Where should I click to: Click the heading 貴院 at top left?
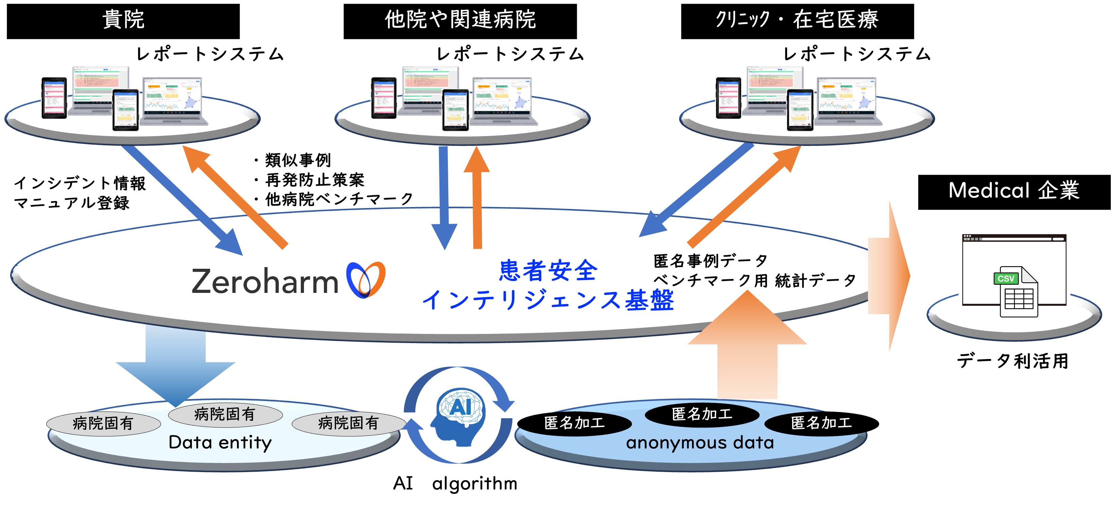(x=123, y=20)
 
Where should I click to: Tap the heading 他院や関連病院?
(x=460, y=20)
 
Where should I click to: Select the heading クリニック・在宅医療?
(x=797, y=20)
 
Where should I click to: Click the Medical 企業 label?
(x=1014, y=190)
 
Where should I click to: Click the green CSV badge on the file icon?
(x=1006, y=279)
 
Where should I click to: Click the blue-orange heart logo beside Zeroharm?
(x=365, y=280)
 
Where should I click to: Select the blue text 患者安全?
(x=548, y=270)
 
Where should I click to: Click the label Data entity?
(x=220, y=442)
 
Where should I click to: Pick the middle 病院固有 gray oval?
(x=225, y=414)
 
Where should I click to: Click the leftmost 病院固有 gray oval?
(x=103, y=424)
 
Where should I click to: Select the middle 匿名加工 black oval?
(x=702, y=414)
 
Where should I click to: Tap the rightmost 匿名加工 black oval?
(x=821, y=423)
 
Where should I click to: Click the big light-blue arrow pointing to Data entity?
(x=176, y=362)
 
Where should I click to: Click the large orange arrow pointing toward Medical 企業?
(x=891, y=276)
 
